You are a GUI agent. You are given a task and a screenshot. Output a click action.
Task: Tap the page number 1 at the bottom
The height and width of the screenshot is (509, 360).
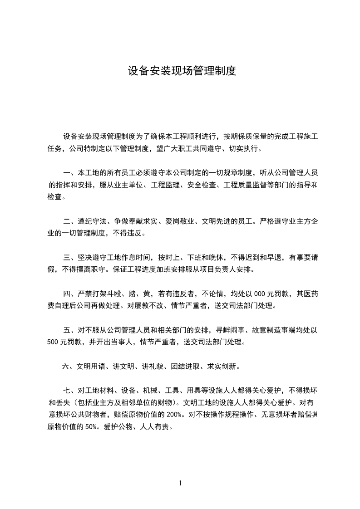(180, 483)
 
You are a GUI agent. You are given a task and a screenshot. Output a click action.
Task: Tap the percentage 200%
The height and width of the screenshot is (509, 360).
(175, 414)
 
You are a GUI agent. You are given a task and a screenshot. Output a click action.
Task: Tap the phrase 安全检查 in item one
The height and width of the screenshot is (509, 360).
(202, 185)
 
